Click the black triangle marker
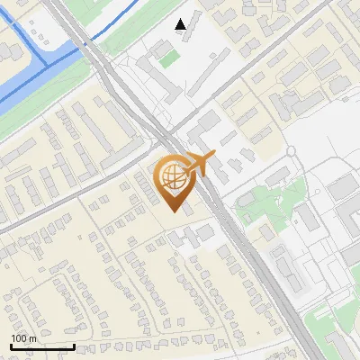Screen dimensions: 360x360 [181, 24]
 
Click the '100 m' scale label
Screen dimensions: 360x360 [23, 338]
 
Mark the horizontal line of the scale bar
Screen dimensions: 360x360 [42, 346]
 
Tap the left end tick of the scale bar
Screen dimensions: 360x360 [11, 345]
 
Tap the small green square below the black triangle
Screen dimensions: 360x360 [169, 59]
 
